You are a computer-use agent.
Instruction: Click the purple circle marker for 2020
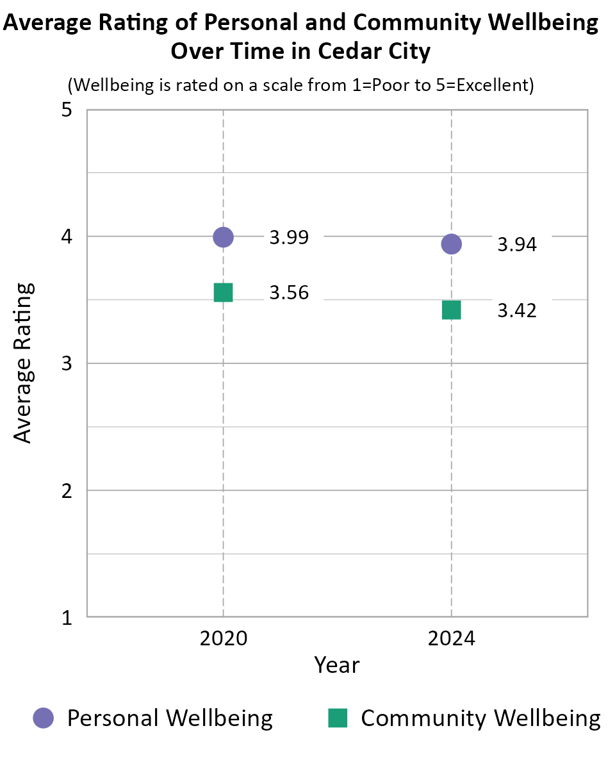click(223, 237)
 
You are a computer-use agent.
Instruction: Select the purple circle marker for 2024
click(452, 244)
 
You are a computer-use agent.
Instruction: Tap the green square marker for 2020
click(223, 292)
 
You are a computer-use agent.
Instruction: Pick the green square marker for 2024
click(452, 310)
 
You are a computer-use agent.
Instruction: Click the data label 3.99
click(289, 238)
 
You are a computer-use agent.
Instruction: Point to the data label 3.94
click(517, 244)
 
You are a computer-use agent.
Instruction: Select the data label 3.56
click(289, 293)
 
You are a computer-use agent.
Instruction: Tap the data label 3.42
click(517, 311)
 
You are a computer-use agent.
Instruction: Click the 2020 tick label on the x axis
click(223, 639)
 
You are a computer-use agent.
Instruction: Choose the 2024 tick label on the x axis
click(452, 639)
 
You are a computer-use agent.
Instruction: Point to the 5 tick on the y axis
click(66, 110)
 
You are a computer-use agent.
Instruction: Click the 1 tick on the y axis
click(66, 618)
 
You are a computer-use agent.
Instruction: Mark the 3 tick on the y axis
click(66, 364)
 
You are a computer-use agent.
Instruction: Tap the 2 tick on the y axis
click(66, 491)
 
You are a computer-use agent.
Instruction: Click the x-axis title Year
click(337, 665)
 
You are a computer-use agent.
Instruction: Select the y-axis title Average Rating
click(23, 363)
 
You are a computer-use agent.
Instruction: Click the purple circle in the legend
click(44, 718)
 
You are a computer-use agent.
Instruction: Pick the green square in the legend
click(338, 718)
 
